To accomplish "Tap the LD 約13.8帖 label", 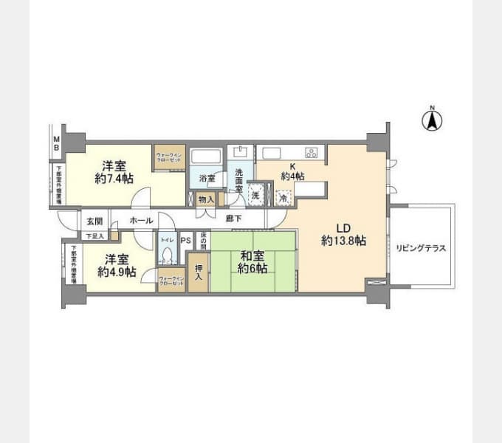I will pyautogui.click(x=344, y=234).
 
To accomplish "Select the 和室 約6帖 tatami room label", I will pyautogui.click(x=252, y=262).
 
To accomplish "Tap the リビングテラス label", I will pyautogui.click(x=420, y=248).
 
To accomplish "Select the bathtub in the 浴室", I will pyautogui.click(x=206, y=157).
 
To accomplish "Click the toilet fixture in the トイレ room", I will pyautogui.click(x=166, y=255).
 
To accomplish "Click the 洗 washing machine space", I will pyautogui.click(x=255, y=196).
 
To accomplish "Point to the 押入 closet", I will pyautogui.click(x=198, y=271).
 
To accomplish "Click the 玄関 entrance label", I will pyautogui.click(x=94, y=221).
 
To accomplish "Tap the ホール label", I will pyautogui.click(x=141, y=221).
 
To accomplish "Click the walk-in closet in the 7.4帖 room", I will pyautogui.click(x=169, y=157).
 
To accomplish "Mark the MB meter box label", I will pyautogui.click(x=55, y=140).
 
